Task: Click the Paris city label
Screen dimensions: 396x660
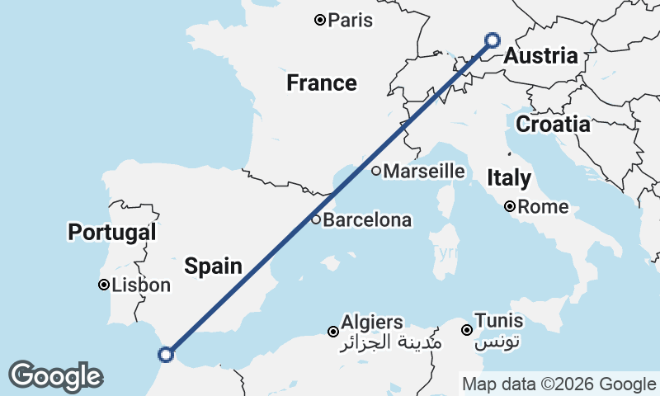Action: click(x=351, y=20)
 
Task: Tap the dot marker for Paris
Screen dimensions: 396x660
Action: click(x=320, y=20)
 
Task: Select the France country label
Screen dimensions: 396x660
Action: click(x=322, y=83)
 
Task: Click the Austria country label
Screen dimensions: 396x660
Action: click(x=540, y=57)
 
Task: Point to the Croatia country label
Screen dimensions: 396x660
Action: click(x=553, y=125)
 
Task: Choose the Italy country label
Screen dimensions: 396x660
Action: click(x=509, y=177)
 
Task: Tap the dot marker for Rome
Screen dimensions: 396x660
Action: click(x=511, y=206)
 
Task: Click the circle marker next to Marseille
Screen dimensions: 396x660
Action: click(x=376, y=172)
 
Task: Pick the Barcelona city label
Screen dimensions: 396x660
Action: click(x=367, y=220)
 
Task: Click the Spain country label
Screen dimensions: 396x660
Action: click(x=213, y=266)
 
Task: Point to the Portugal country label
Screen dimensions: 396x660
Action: click(x=112, y=233)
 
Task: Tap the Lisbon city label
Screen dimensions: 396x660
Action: click(x=143, y=285)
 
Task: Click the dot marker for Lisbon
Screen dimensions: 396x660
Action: click(x=104, y=285)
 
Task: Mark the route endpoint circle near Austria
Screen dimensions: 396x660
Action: click(x=493, y=40)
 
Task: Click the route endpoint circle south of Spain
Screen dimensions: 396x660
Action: click(x=166, y=355)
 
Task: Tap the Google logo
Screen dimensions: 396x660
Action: click(x=55, y=376)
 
